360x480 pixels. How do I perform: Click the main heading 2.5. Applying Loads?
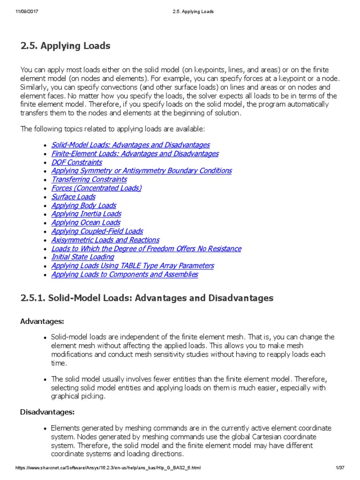pos(65,46)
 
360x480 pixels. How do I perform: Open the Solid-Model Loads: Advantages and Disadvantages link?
pos(130,145)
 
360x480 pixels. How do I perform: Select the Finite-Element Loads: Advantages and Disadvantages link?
pos(135,154)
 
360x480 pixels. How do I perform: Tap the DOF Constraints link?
pos(76,163)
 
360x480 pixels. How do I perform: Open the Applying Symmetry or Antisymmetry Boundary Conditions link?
pos(141,171)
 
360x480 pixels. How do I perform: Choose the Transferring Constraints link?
pos(89,180)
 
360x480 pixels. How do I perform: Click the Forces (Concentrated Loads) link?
pos(96,188)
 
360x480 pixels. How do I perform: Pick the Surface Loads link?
pos(73,197)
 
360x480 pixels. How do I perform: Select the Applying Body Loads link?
pos(83,206)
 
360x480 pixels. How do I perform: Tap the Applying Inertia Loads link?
pos(86,214)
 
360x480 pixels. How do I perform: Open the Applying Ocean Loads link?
pos(86,223)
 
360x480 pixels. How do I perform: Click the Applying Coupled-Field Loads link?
pos(97,232)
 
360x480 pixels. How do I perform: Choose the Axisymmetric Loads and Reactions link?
pos(105,240)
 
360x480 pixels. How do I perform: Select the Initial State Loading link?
pos(82,257)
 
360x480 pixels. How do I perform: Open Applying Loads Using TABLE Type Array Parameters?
pos(132,266)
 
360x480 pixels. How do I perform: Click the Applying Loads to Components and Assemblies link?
pos(124,275)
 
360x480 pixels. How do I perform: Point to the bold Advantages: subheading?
pos(42,321)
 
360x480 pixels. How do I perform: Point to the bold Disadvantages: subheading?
pos(47,412)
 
